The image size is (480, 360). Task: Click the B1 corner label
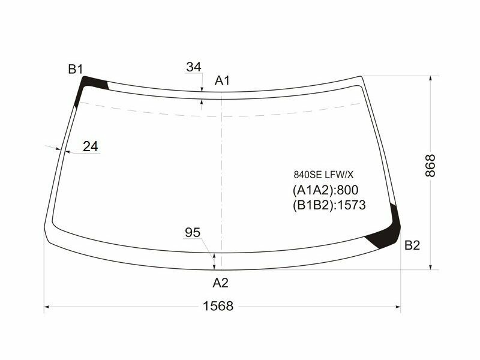[x=75, y=70]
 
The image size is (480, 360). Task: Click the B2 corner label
[x=412, y=245]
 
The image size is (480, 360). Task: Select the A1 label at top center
[x=223, y=80]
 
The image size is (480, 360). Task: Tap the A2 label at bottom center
[x=221, y=283]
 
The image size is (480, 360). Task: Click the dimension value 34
[x=193, y=67]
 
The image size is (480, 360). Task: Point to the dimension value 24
[x=91, y=146]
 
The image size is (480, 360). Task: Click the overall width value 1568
[x=217, y=306]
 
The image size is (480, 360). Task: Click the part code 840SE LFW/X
[x=323, y=175]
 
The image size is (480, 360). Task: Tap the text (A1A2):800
[x=325, y=191]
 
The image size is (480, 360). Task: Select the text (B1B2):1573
[x=329, y=205]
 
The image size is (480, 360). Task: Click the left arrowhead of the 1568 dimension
[x=49, y=307]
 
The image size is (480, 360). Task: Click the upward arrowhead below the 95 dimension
[x=214, y=257]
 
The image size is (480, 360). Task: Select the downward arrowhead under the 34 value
[x=202, y=89]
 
